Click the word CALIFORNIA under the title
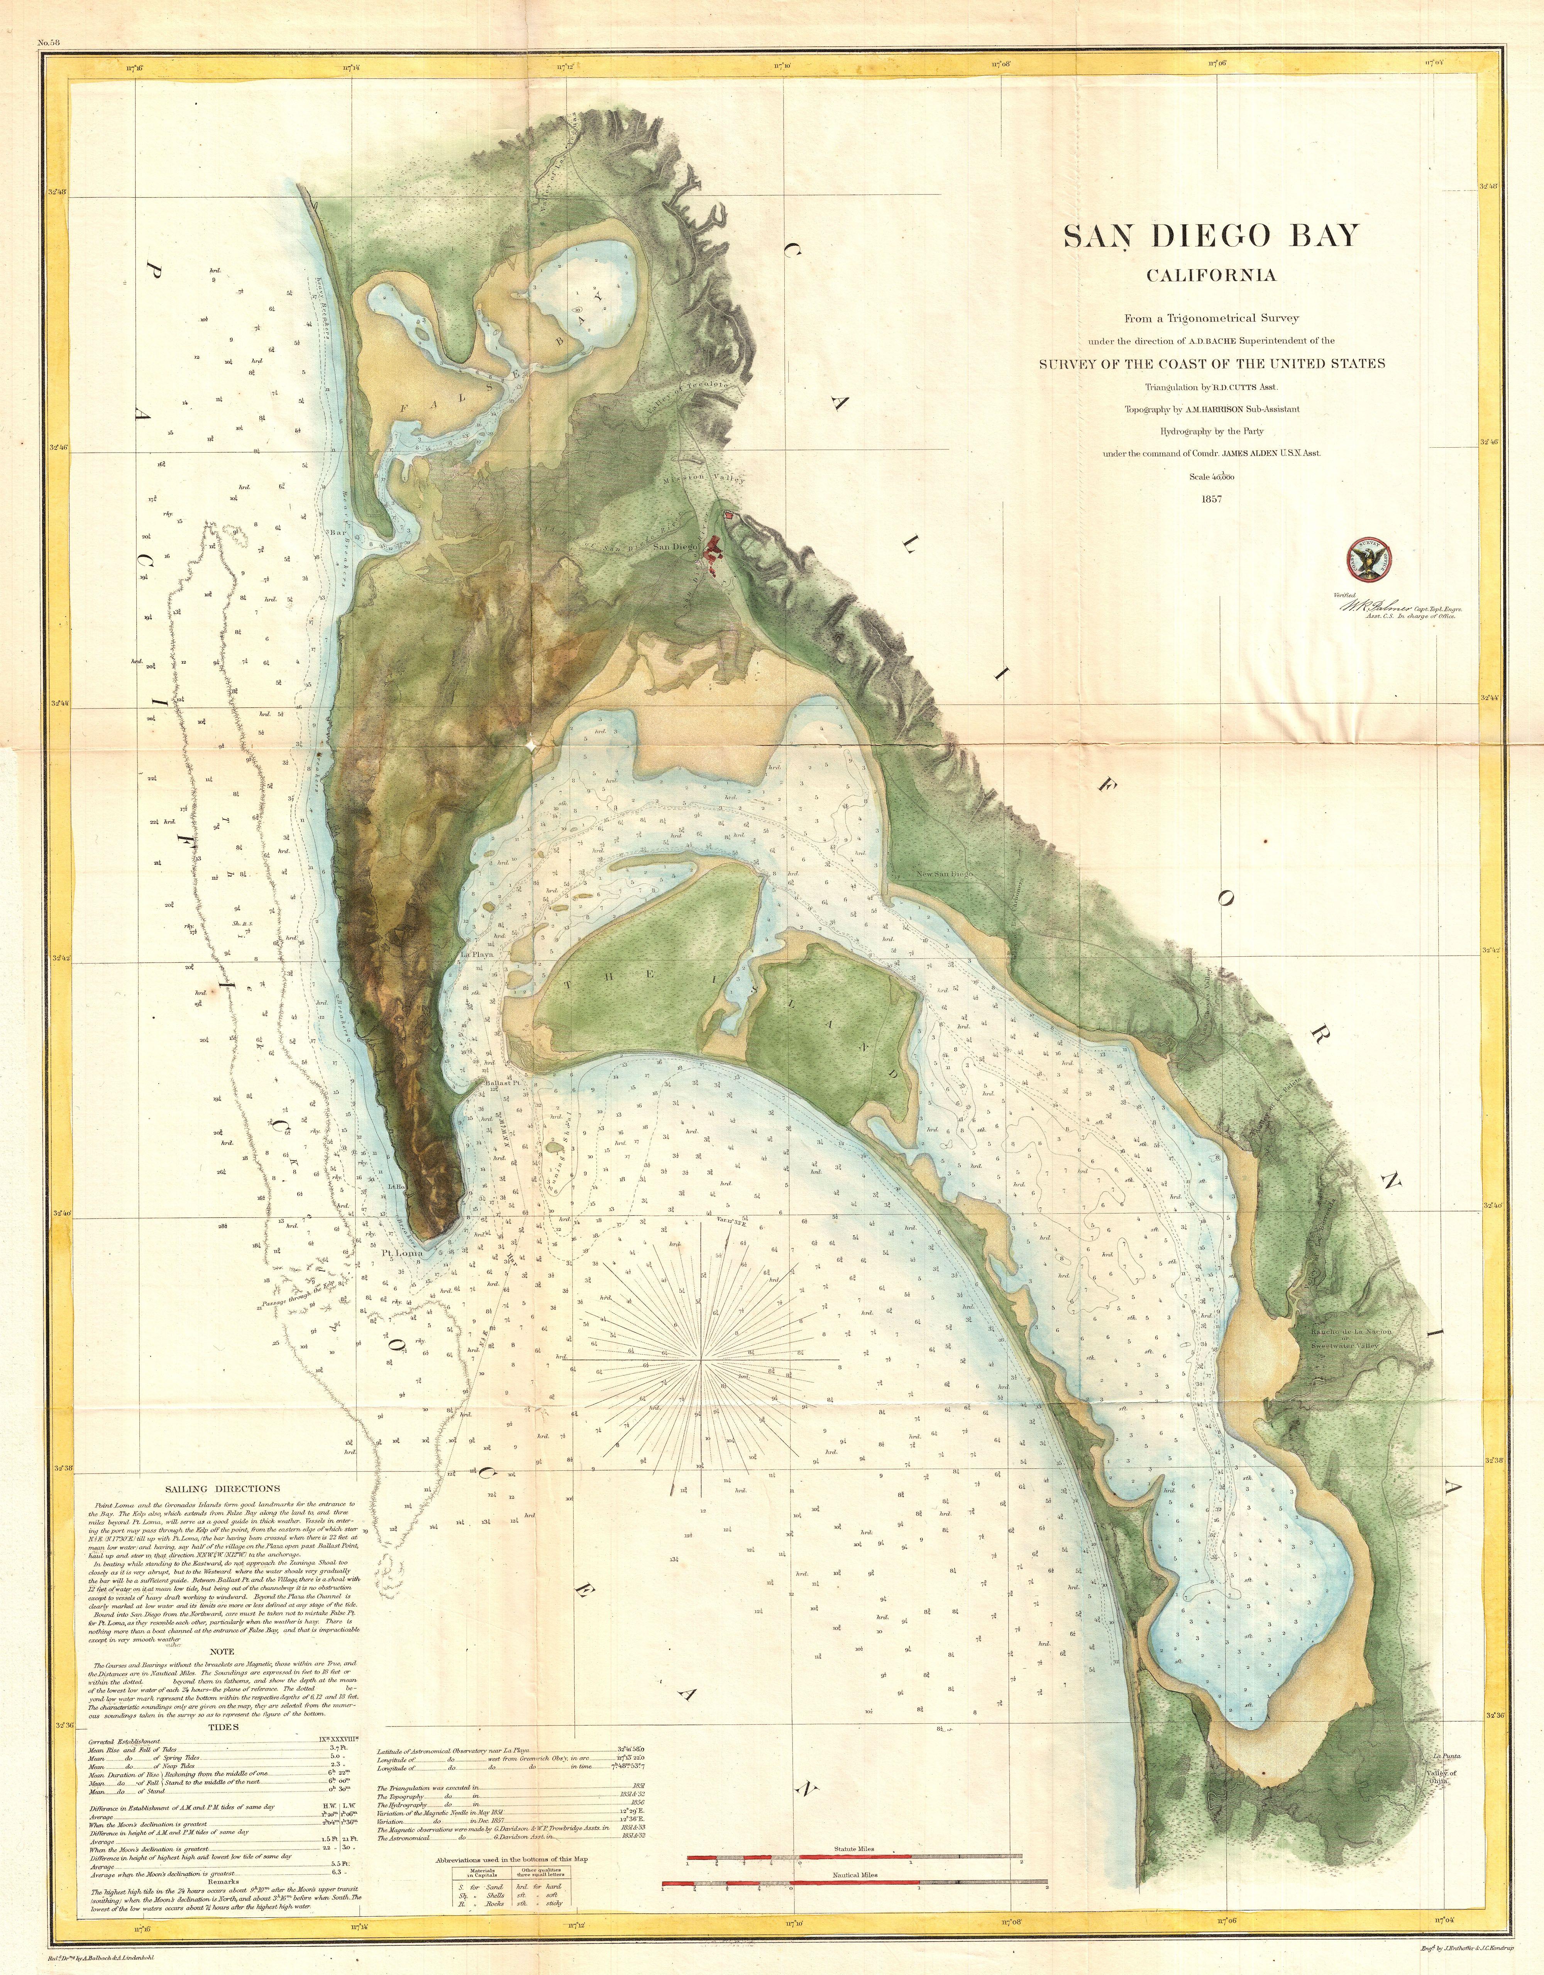1211,275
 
